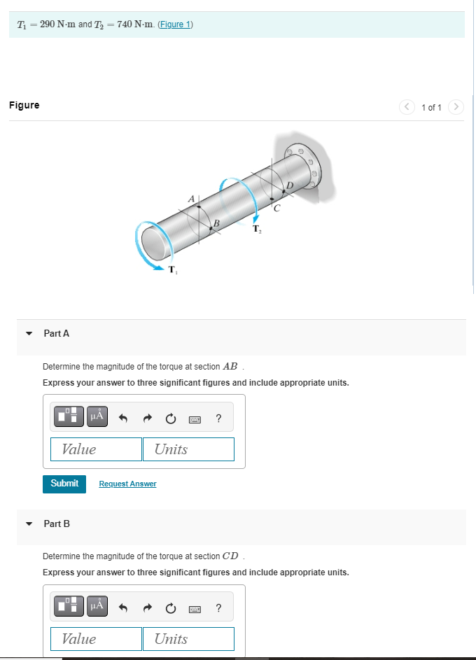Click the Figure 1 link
[176, 24]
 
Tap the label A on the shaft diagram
[190, 199]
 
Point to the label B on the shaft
[217, 223]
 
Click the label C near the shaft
[276, 208]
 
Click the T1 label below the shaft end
[173, 270]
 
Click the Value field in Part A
[96, 449]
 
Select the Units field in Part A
[188, 449]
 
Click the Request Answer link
[127, 484]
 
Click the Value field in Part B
[96, 639]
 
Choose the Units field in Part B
[188, 639]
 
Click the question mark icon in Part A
[219, 419]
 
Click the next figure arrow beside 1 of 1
[456, 107]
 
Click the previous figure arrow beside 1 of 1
[407, 107]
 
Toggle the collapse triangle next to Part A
[29, 334]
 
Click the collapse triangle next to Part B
[29, 524]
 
